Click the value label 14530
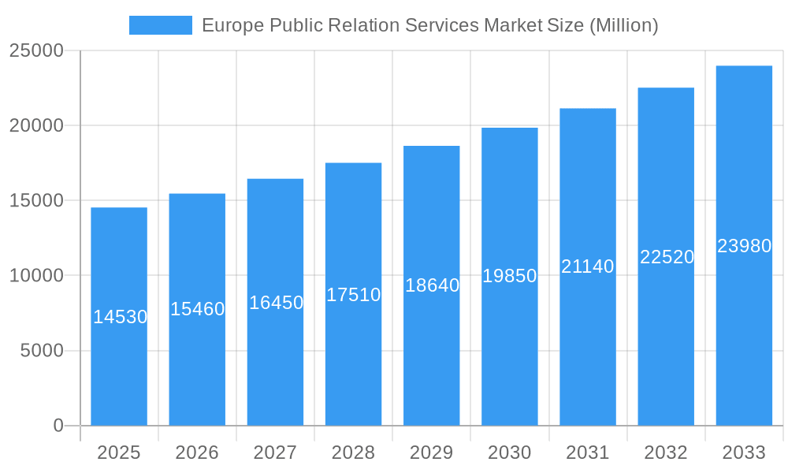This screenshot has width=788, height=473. pos(120,317)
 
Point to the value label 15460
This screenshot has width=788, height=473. pos(198,309)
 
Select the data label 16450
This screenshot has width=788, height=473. pos(276,303)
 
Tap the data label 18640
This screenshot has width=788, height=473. pos(432,285)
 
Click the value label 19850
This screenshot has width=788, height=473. pos(510,276)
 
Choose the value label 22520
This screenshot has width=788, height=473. pos(667,257)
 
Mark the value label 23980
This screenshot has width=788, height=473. pos(744,246)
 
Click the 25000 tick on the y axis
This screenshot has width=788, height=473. pos(35,50)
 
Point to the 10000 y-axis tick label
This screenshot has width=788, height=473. pos(35,276)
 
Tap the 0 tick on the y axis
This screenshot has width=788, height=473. pos(58,426)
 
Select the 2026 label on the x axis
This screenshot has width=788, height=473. pos(197,453)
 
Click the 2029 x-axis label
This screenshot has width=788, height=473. pos(432,453)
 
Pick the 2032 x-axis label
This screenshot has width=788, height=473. pos(666,453)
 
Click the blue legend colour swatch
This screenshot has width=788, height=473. pos(161,25)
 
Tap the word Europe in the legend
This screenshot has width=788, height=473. pos(233,25)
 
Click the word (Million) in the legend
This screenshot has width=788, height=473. pos(623,25)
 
